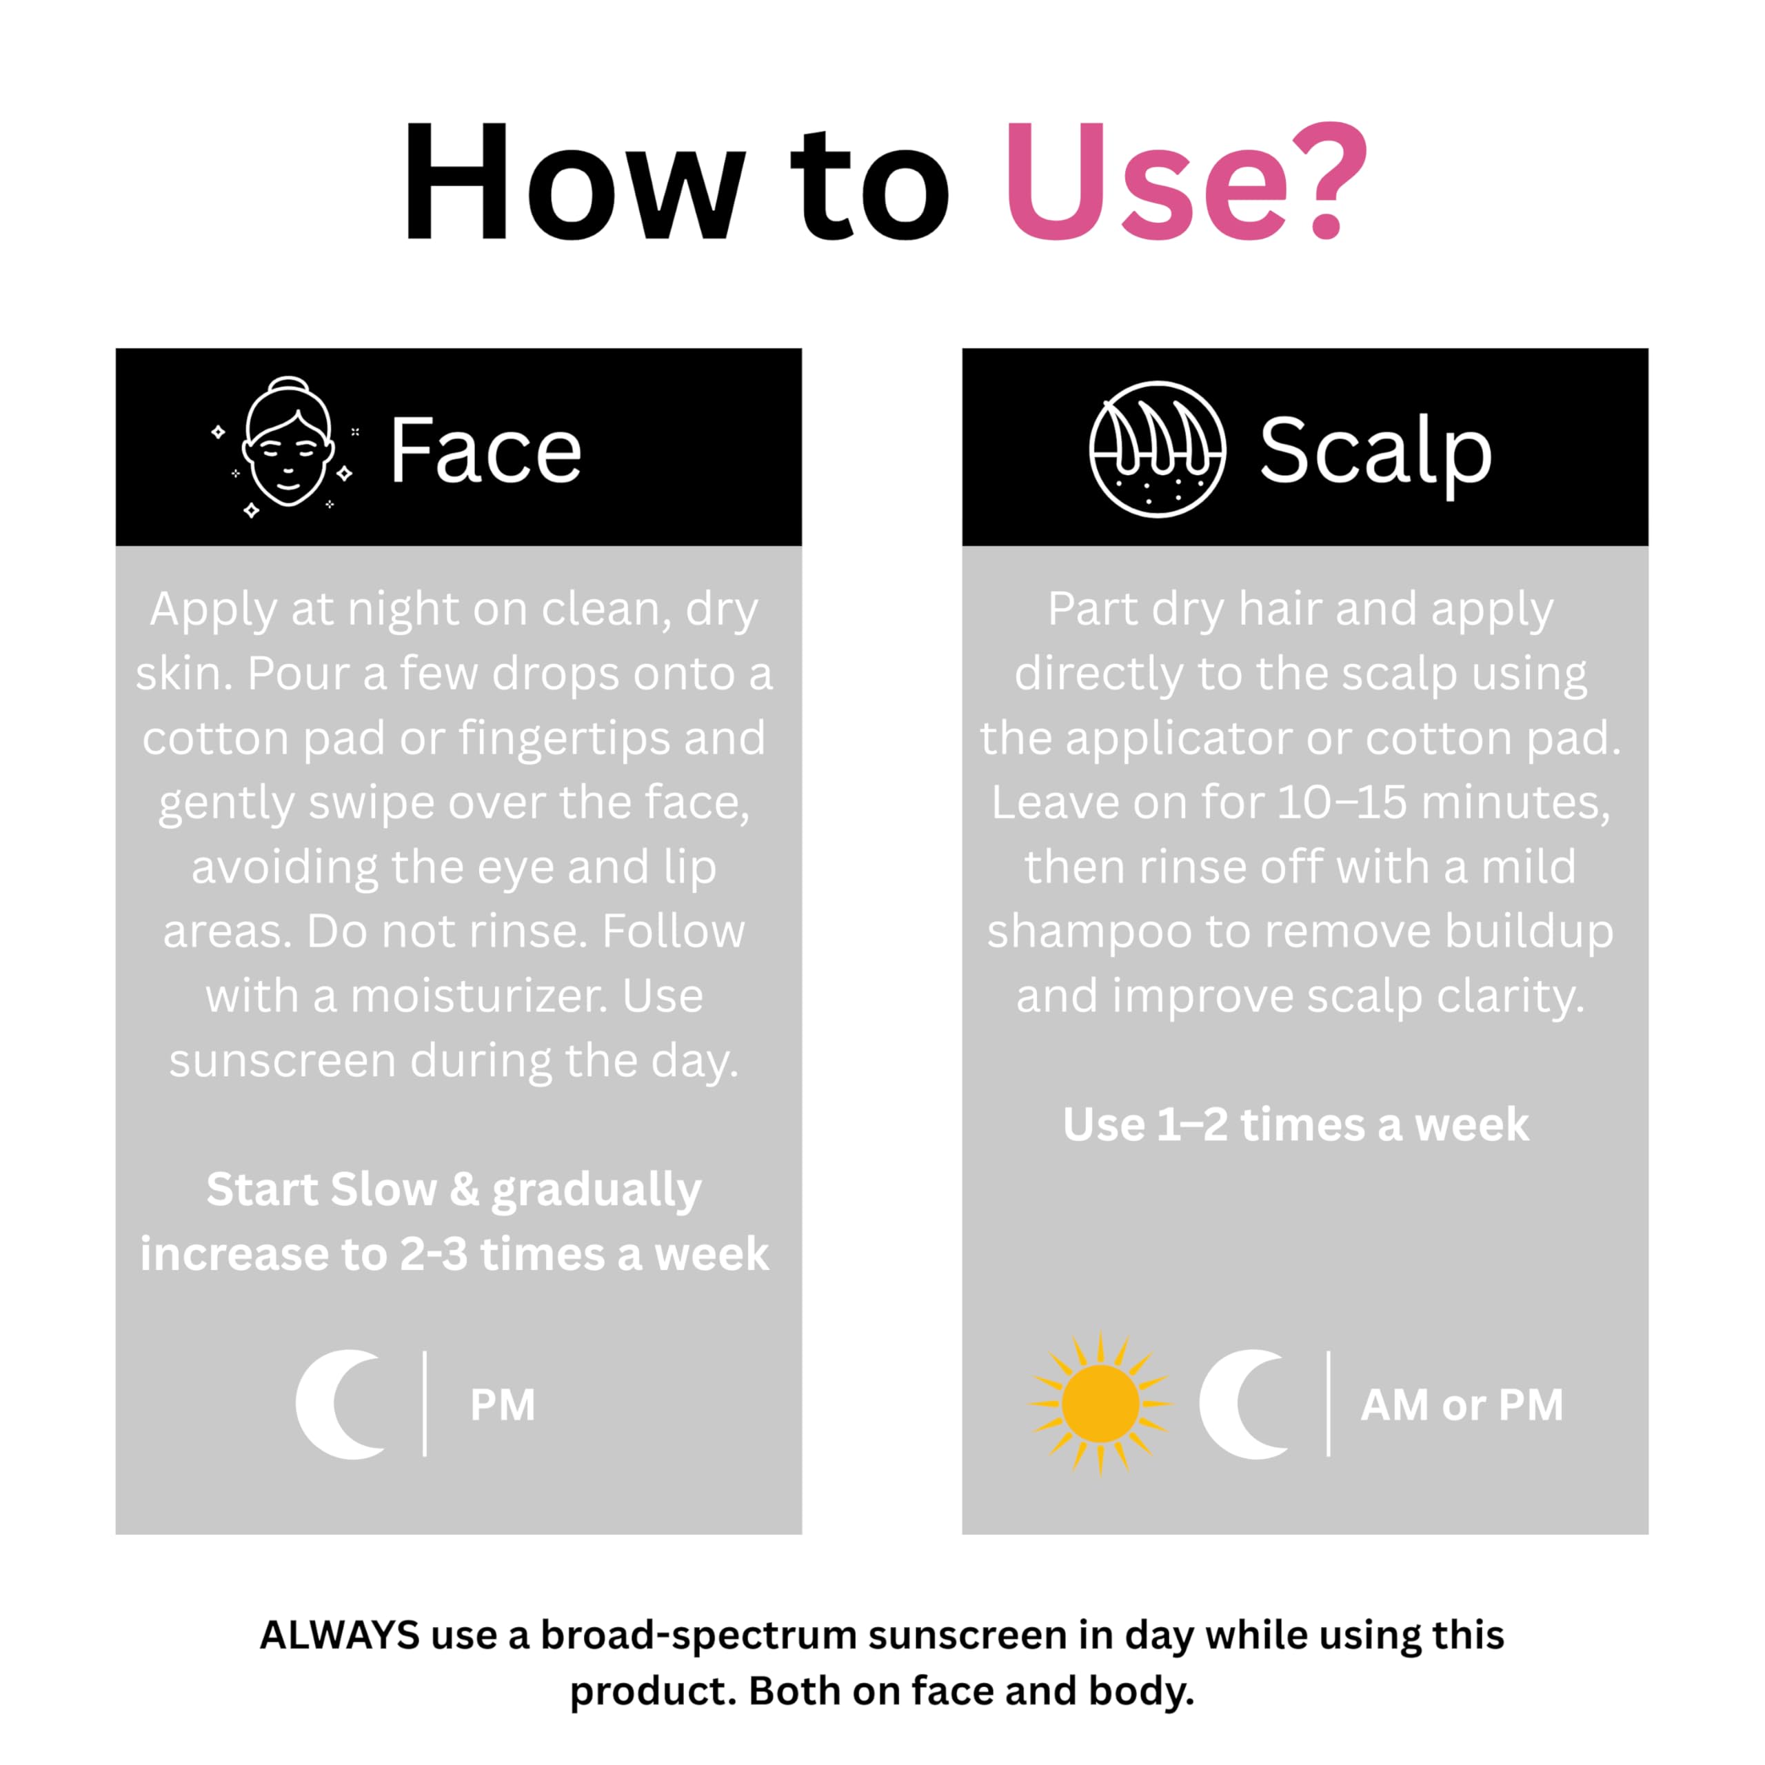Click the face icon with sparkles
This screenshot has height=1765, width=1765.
click(286, 447)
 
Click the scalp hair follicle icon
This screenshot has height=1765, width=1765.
click(1158, 450)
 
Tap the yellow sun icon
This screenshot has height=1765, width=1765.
click(1101, 1404)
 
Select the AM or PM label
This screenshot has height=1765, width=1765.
click(1462, 1405)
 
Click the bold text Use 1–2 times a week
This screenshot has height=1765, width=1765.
click(1295, 1124)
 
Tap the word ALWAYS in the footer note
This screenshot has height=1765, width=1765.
click(340, 1635)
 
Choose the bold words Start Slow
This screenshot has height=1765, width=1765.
click(321, 1189)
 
